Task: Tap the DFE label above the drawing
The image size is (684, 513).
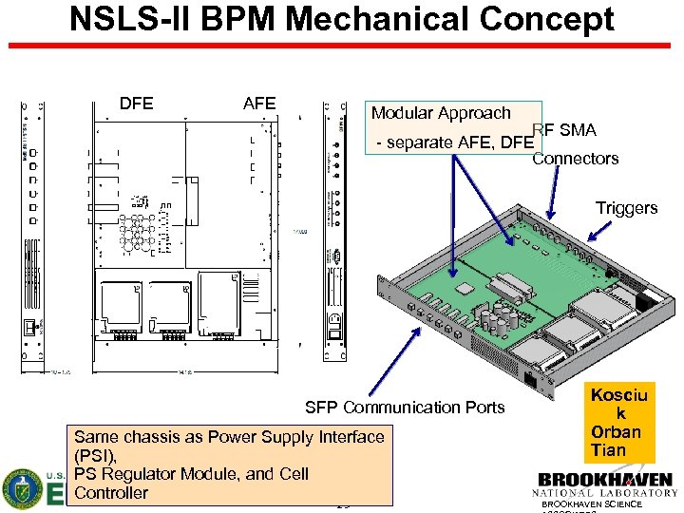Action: coord(137,104)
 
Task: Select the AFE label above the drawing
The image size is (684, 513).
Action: coord(258,104)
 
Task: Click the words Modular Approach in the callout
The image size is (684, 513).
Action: coord(441,113)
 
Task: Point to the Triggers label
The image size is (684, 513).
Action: coord(626,208)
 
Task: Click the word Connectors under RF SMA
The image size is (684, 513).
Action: coord(575,159)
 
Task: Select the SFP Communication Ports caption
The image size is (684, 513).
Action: coord(405,408)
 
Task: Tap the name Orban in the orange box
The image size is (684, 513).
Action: coord(616,432)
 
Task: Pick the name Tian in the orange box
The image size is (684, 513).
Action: coord(609,449)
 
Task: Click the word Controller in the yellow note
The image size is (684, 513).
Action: coord(111,492)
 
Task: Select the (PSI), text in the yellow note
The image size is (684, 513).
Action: coord(95,455)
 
